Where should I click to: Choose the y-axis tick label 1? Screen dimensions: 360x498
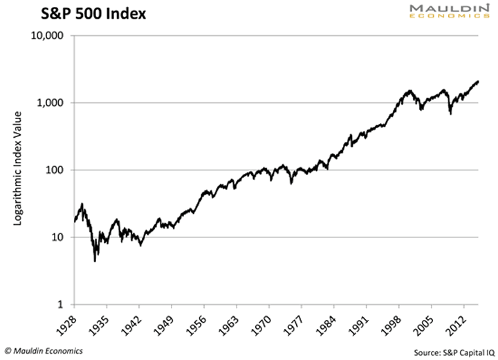click(60, 305)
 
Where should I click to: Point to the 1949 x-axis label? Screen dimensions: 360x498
click(164, 323)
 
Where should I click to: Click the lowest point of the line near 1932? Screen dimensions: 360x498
click(95, 261)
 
